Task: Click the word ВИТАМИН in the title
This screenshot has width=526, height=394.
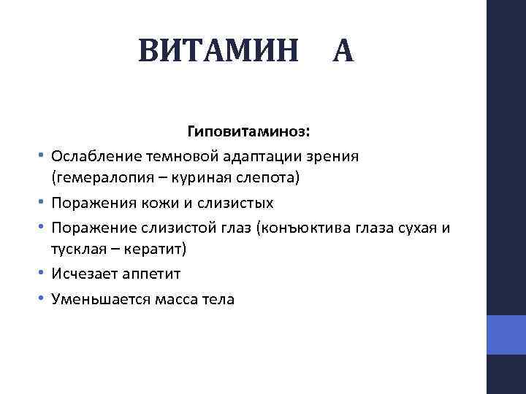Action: [x=218, y=51]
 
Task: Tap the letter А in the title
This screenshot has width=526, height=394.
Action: [x=343, y=51]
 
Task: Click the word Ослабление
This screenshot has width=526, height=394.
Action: [x=93, y=156]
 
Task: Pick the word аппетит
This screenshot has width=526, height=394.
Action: [x=149, y=274]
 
